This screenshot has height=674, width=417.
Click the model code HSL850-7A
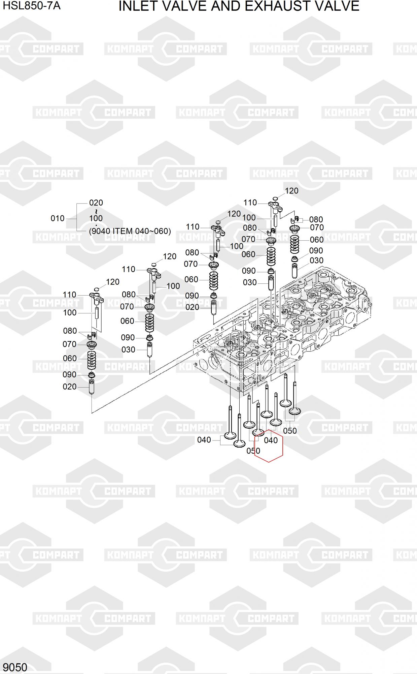click(x=32, y=6)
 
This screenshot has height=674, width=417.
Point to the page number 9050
click(x=15, y=667)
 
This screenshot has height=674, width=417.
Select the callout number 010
click(x=58, y=218)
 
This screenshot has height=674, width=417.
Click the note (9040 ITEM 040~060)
click(x=130, y=231)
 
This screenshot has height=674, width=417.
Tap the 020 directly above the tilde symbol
click(x=96, y=203)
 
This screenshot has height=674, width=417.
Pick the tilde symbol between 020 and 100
click(x=96, y=211)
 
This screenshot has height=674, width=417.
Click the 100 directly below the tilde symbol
click(x=96, y=218)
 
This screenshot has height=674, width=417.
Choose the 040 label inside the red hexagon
click(x=271, y=440)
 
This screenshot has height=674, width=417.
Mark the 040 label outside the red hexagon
click(x=204, y=440)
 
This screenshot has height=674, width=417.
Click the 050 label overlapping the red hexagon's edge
click(x=253, y=451)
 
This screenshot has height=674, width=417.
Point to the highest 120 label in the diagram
click(x=291, y=191)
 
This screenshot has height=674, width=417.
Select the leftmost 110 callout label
click(x=70, y=295)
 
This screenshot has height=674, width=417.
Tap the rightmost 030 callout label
click(x=316, y=261)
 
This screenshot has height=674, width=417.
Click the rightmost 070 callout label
click(x=317, y=227)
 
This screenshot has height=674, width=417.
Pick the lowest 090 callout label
click(x=69, y=375)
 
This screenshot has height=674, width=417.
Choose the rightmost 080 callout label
click(x=316, y=220)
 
